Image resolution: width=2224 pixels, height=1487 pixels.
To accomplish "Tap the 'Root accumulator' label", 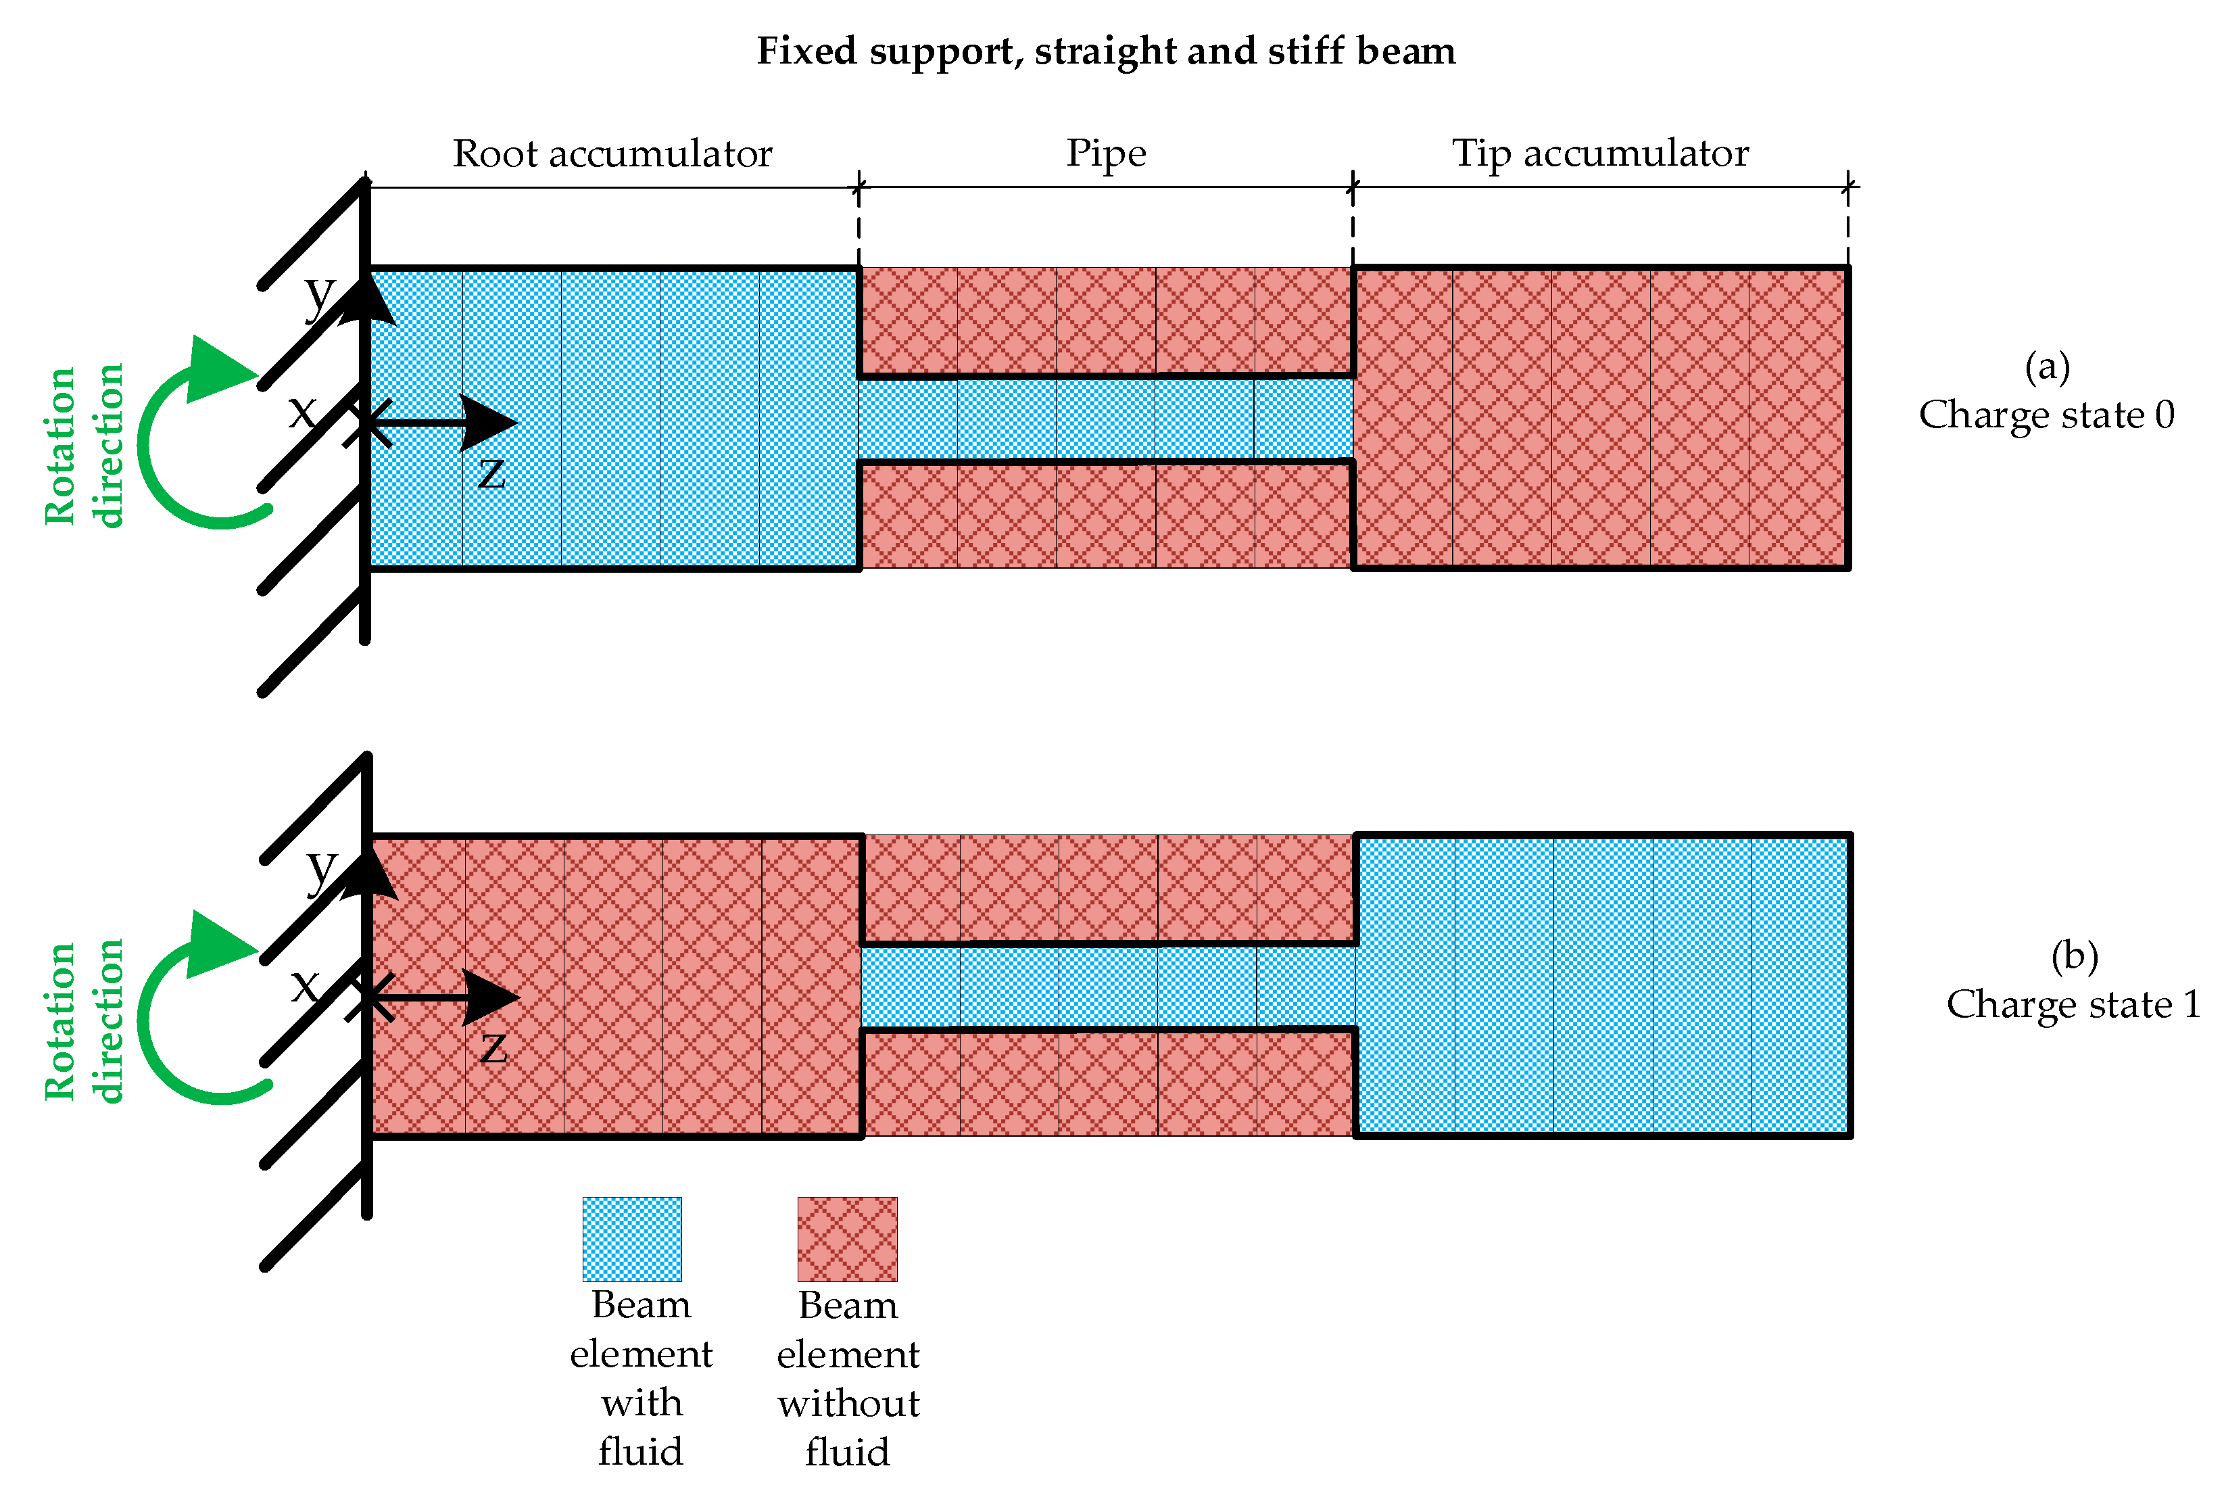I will coord(612,154).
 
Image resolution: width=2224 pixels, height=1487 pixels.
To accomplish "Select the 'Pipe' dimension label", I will coord(1105,154).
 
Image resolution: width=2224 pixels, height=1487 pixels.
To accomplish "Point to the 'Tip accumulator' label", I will coord(1600,154).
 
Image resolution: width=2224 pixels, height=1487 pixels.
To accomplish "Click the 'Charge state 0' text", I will coord(2046,415).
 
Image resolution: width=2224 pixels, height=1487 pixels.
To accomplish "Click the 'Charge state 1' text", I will coord(2073,1004).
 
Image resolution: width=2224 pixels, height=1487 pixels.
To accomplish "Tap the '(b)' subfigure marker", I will coord(2073,956).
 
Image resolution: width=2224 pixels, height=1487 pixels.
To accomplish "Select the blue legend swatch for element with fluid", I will coord(631,1239).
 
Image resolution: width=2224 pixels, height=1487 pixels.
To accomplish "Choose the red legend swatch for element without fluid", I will coord(846,1239).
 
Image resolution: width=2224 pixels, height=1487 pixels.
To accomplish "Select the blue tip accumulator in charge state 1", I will coord(1602,985).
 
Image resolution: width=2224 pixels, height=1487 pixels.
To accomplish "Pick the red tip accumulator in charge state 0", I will coord(1600,417).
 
